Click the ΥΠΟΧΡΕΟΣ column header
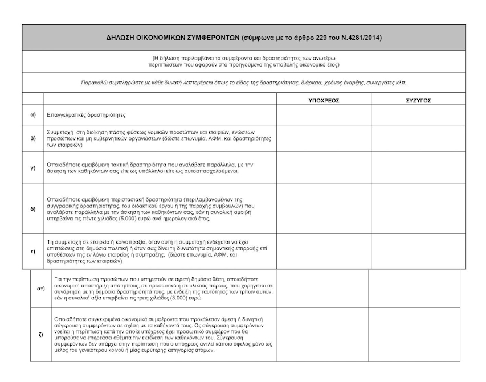coord(324,100)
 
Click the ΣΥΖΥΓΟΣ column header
coord(418,100)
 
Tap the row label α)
coord(33,114)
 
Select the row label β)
coord(33,138)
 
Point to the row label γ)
coord(33,167)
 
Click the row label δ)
coord(33,209)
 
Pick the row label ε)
coord(33,251)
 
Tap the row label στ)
coord(41,289)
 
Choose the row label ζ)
coord(41,334)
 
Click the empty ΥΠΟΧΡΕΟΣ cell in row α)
coord(324,114)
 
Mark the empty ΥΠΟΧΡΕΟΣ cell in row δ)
coord(324,209)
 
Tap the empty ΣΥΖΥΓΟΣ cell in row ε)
coord(418,251)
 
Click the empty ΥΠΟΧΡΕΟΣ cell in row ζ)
coord(322,334)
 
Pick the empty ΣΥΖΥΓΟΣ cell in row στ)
coord(414,289)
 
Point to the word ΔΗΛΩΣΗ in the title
coord(121,38)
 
